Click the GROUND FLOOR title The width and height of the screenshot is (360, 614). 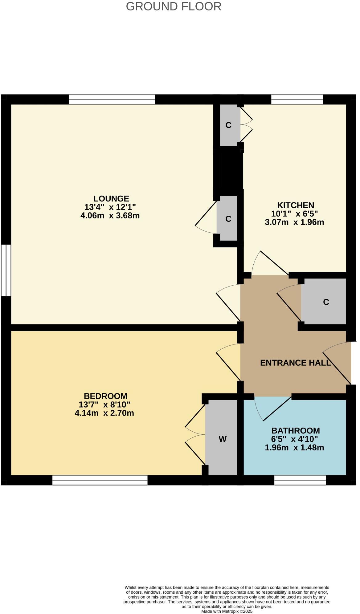coord(174,6)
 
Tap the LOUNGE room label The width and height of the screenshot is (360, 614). coord(111,198)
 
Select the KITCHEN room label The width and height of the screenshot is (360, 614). coord(296,205)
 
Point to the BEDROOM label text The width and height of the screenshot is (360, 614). coord(105,396)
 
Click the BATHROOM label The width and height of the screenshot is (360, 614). coord(295,430)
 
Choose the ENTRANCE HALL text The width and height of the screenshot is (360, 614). coord(295,363)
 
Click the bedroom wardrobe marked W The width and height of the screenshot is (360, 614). coord(223,439)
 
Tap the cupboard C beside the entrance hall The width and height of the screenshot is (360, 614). coord(326,302)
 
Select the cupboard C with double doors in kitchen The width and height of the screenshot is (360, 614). coord(228,125)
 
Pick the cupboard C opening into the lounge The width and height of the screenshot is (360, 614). coord(228,219)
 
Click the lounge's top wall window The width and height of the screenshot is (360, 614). coord(112,100)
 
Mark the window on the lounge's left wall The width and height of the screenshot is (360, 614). coord(6,270)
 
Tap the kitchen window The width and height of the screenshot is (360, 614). coord(297,100)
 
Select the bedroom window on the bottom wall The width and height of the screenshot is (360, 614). coord(100,480)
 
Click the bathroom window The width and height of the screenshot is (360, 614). coord(300,480)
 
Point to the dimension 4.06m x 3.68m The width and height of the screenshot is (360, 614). coord(110,216)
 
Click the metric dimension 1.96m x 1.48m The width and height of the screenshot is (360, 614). coord(294,448)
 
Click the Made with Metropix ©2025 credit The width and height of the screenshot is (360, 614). coord(227,611)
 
